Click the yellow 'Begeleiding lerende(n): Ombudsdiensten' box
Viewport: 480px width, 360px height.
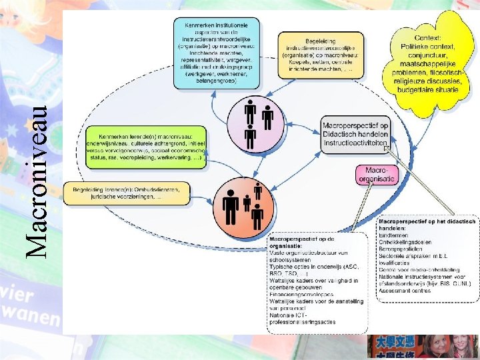tap(126, 193)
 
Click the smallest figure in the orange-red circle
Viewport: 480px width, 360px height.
tap(247, 202)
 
